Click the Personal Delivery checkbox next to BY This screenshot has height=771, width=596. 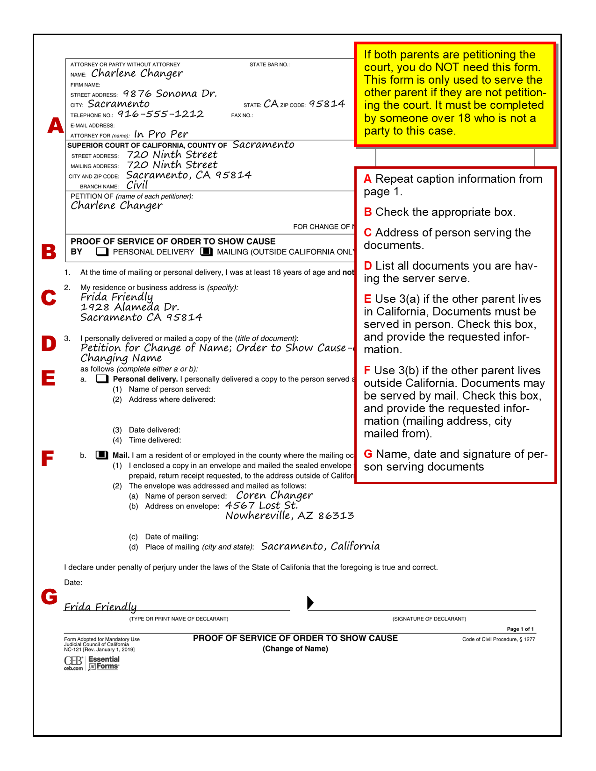[102, 252]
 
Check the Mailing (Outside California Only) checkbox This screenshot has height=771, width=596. [206, 252]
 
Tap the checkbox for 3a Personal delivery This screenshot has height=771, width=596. [102, 379]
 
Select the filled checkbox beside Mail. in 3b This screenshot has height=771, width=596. [102, 455]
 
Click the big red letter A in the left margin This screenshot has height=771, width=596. [56, 125]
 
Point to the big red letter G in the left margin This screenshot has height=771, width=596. [49, 596]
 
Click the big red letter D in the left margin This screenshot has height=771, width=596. [49, 343]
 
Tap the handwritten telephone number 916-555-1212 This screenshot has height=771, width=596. [160, 114]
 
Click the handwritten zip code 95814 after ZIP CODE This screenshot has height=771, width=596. [327, 104]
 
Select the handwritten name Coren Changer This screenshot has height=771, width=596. [274, 495]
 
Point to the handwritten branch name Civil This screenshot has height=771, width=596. [137, 185]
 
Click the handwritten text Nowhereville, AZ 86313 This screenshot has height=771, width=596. [290, 516]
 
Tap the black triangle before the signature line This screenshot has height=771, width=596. [310, 603]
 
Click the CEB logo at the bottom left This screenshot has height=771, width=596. [73, 663]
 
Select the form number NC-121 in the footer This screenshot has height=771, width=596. [72, 650]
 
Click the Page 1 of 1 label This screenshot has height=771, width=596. [520, 629]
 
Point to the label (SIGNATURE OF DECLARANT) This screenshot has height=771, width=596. [429, 619]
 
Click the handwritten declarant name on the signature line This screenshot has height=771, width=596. [101, 607]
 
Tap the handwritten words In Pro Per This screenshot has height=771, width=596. [161, 135]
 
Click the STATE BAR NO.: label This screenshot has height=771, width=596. [269, 64]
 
